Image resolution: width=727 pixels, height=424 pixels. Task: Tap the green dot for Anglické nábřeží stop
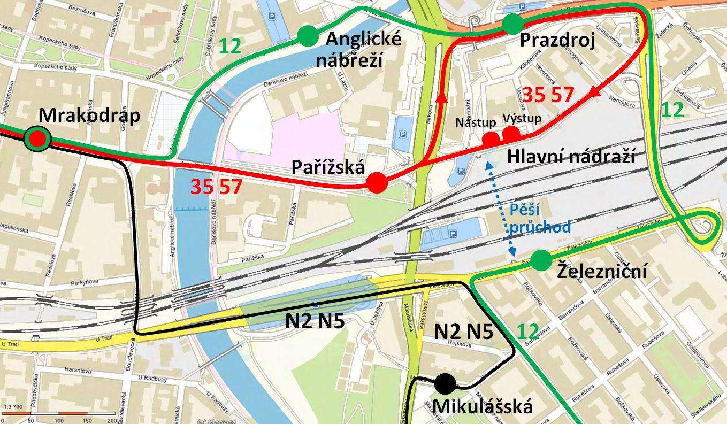click(x=308, y=36)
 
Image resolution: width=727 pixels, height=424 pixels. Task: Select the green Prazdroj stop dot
click(x=512, y=24)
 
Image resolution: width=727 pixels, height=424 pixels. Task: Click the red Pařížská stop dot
click(x=377, y=183)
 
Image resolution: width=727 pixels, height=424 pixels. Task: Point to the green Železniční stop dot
click(x=541, y=260)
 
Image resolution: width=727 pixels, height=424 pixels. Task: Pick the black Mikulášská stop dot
click(x=445, y=383)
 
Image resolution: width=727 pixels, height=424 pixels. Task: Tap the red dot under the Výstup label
click(x=511, y=134)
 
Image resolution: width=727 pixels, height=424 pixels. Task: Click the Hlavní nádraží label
click(x=571, y=157)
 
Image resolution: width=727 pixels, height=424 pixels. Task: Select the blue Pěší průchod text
click(x=539, y=217)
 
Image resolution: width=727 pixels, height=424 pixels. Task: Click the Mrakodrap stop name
click(x=89, y=115)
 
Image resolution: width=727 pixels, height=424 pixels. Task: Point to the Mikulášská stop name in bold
click(x=482, y=407)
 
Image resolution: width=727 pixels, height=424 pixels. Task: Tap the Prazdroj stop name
click(x=557, y=40)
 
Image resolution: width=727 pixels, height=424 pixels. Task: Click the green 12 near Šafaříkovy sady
click(x=231, y=47)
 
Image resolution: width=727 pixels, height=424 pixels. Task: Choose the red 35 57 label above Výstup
click(x=548, y=95)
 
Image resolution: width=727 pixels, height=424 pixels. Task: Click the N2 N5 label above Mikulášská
click(x=463, y=332)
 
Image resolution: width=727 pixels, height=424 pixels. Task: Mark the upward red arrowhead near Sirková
click(x=441, y=97)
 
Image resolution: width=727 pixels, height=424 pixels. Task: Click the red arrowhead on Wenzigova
click(x=594, y=92)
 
